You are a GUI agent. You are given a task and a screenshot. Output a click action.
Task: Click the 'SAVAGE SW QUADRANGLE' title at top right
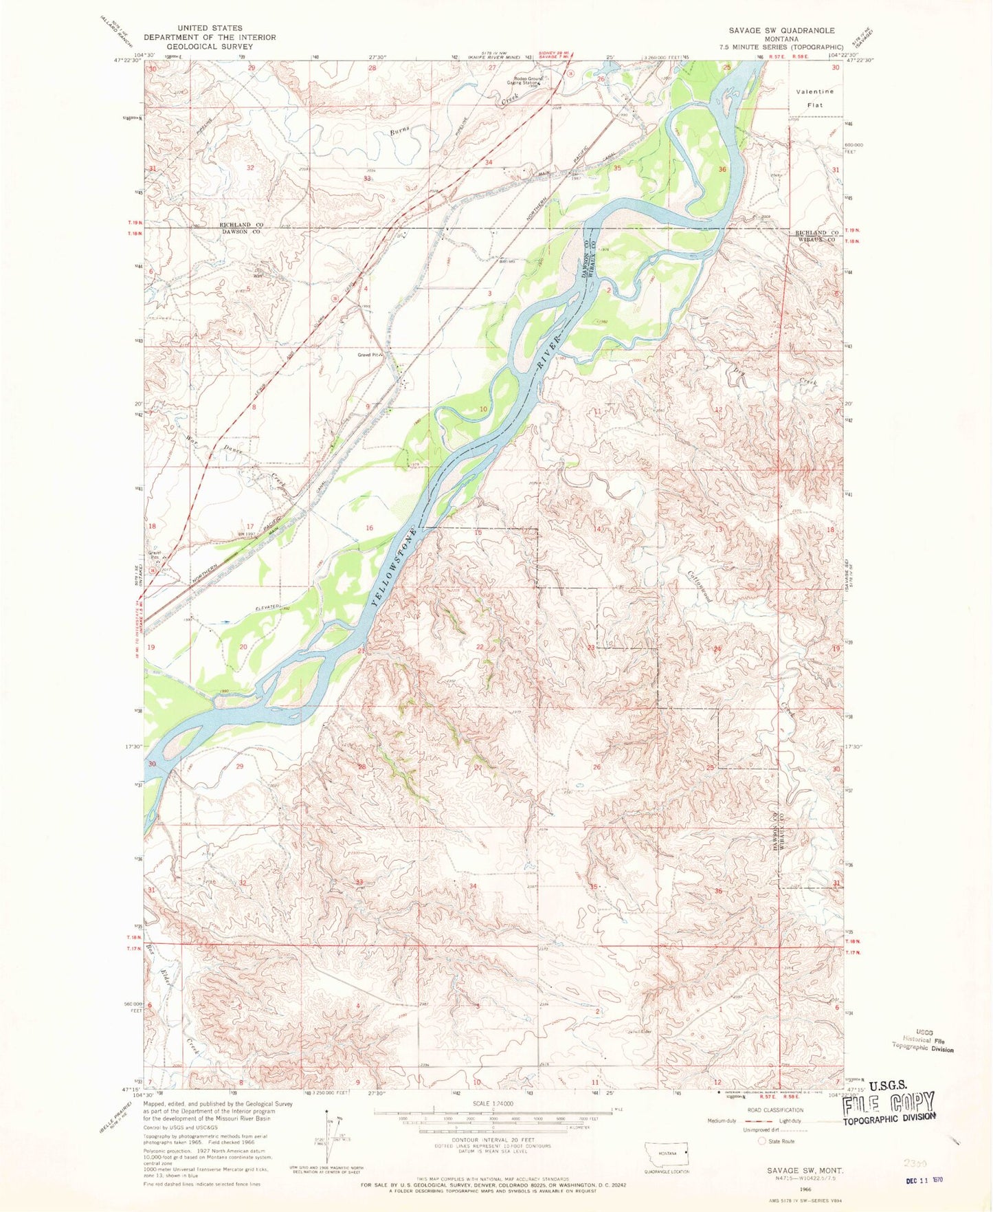point(781,30)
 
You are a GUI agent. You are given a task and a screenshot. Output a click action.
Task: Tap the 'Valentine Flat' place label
point(814,98)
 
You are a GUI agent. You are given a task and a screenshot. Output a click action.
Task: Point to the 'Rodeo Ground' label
point(528,78)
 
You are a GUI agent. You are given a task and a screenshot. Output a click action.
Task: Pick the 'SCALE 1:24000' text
point(493,1104)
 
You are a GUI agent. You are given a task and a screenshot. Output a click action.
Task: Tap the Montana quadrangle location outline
point(665,1152)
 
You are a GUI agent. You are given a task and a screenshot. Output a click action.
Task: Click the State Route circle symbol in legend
point(761,1141)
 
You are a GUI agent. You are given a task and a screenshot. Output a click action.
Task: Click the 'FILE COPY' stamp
point(890,1103)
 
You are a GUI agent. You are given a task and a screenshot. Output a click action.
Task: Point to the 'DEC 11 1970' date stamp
point(923,1180)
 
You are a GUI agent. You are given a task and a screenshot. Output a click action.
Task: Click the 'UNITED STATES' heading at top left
point(210,28)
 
